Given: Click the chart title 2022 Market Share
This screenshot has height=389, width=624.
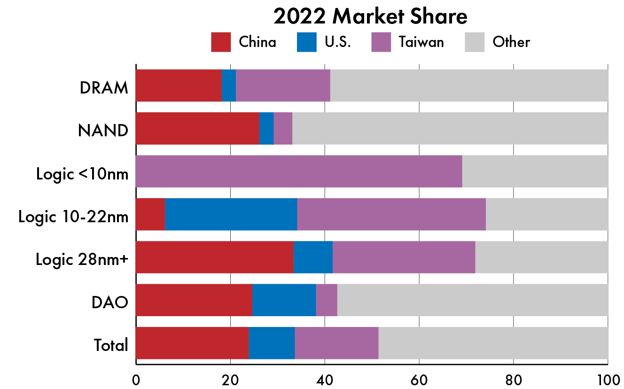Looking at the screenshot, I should click(370, 17).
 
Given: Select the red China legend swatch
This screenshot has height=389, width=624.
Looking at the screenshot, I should click(221, 42).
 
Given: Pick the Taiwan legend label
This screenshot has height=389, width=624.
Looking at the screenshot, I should click(421, 42).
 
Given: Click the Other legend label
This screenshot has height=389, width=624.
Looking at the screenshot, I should click(511, 42).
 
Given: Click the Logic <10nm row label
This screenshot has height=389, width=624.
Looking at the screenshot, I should click(82, 174).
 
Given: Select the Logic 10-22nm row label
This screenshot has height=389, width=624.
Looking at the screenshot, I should click(73, 217).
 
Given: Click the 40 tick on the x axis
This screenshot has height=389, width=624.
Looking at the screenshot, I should click(324, 379).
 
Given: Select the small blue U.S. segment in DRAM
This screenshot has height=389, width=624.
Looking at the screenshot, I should click(228, 86).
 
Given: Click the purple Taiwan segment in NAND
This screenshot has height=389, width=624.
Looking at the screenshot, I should click(283, 128).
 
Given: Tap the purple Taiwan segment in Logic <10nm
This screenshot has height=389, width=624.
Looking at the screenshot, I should click(299, 171).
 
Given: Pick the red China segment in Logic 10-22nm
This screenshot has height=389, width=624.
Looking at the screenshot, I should click(150, 214).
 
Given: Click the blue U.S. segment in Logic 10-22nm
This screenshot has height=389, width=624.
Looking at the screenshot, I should click(231, 214).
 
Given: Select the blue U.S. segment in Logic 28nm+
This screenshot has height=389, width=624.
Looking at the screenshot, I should click(313, 257).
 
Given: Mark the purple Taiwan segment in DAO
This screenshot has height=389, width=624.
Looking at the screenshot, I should click(327, 300).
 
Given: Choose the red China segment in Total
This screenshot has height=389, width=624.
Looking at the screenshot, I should click(192, 343).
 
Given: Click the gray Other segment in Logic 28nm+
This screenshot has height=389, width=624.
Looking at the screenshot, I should click(542, 257).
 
